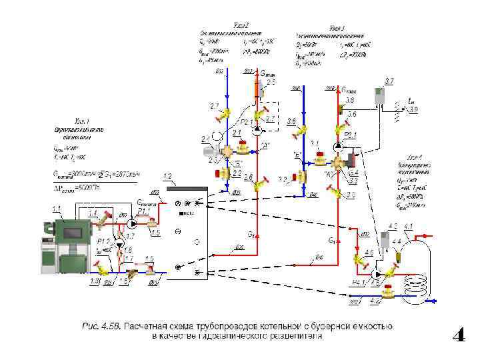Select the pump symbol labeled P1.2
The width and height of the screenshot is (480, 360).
pyautogui.click(x=119, y=245)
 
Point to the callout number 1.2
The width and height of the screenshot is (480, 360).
pyautogui.click(x=167, y=177)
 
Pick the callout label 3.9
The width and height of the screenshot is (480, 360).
pyautogui.click(x=413, y=109)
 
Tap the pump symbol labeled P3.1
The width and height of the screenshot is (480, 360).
pyautogui.click(x=337, y=145)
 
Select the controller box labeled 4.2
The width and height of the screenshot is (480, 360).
pyautogui.click(x=385, y=239)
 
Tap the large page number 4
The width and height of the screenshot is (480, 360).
pyautogui.click(x=459, y=335)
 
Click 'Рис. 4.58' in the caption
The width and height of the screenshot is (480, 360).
pyautogui.click(x=99, y=326)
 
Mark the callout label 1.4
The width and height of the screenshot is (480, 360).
pyautogui.click(x=93, y=213)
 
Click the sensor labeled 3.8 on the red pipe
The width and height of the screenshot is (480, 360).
pyautogui.click(x=339, y=107)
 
